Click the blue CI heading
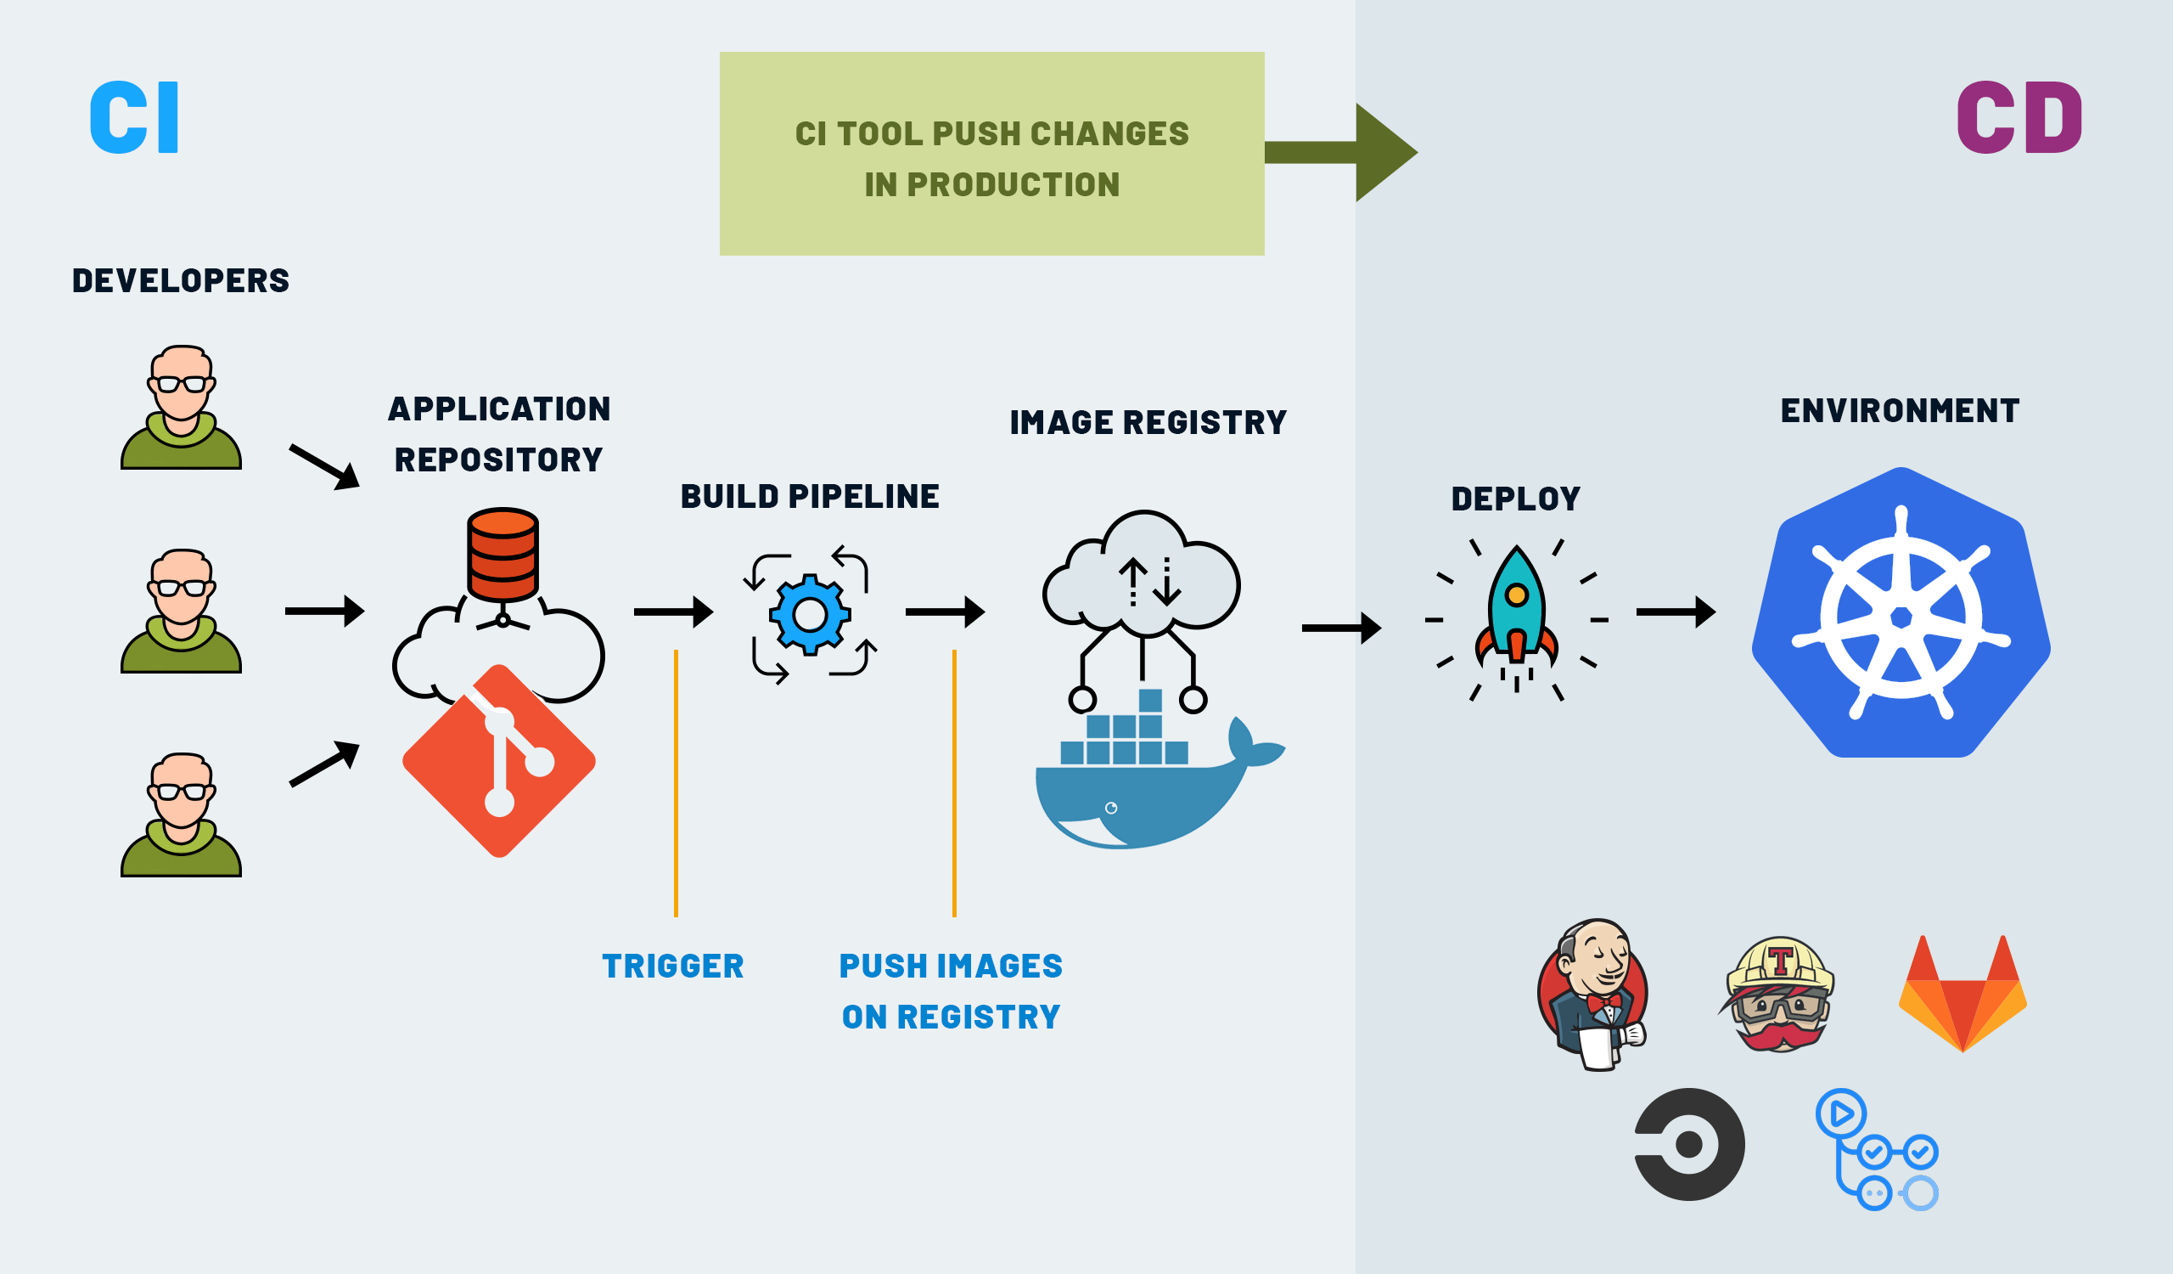(134, 118)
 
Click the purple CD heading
(2019, 118)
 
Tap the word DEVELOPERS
(180, 281)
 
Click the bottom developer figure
(181, 815)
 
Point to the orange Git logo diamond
(499, 761)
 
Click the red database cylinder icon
(503, 554)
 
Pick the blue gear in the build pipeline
(810, 614)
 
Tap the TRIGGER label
(672, 966)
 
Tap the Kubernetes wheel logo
(1901, 616)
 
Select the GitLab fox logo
(1962, 996)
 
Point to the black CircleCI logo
(1688, 1144)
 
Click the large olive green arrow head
(1383, 153)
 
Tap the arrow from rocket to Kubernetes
(1675, 612)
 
